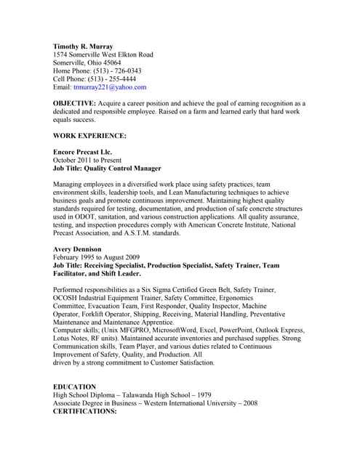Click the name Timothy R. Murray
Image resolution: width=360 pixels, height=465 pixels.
point(84,46)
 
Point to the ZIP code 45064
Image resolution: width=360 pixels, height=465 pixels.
point(111,63)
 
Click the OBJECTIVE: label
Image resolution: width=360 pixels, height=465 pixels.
point(74,104)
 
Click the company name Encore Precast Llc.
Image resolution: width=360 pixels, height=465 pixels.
point(83,152)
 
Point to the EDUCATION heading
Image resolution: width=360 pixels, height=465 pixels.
point(74,387)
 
